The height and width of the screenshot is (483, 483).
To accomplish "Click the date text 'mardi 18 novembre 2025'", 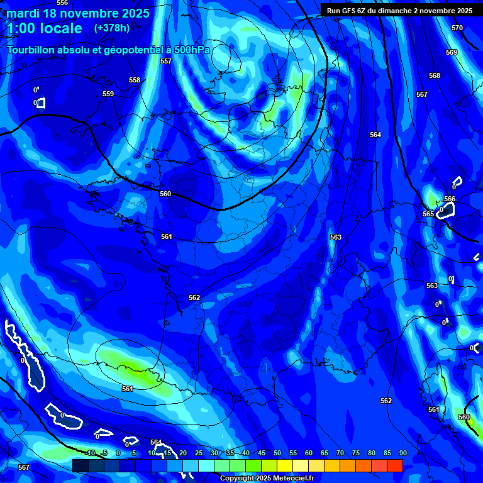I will point(78,13).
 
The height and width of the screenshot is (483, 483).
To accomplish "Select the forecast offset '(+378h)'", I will point(112,28).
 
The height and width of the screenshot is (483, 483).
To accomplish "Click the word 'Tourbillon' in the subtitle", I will point(33,50).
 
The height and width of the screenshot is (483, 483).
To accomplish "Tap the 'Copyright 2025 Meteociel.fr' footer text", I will point(267,478).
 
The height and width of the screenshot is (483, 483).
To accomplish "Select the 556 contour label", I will point(62,3).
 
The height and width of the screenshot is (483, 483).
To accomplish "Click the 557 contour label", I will point(166,61).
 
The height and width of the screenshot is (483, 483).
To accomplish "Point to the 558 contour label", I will point(135,80).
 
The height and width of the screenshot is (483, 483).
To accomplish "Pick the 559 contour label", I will point(108,94).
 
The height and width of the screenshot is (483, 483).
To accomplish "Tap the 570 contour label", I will point(457,28).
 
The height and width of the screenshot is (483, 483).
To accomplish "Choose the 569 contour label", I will point(452,52).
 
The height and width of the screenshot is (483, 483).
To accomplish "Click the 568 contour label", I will point(435,75).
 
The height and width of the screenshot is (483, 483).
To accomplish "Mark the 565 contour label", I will point(428,214).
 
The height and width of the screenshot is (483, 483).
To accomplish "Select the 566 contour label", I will point(450,199).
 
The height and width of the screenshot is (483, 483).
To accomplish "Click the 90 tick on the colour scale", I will point(402,453).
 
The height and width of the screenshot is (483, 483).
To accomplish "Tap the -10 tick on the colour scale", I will point(90,453).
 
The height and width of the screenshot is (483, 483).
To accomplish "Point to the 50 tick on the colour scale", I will point(277,453).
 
